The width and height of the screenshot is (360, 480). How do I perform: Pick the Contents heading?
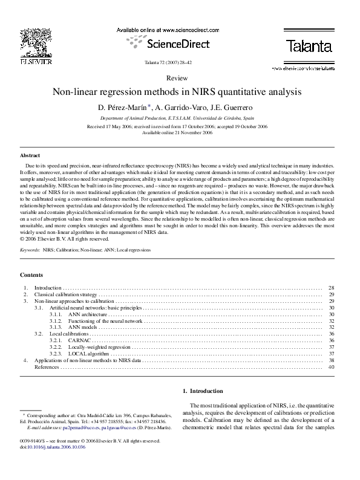31,274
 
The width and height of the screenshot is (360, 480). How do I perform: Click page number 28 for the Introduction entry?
331,288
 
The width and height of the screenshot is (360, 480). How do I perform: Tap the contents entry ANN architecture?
87,314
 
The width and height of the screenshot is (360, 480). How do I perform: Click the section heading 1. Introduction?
203,391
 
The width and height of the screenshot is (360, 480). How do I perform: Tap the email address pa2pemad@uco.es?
74,427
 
